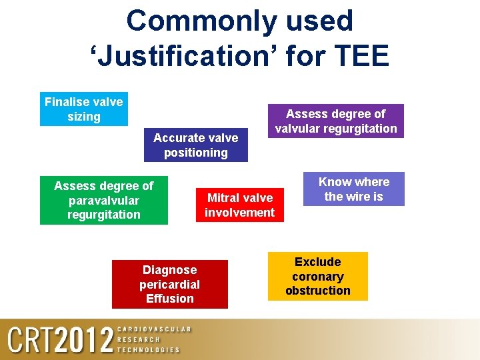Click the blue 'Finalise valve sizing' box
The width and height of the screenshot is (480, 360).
(x=83, y=109)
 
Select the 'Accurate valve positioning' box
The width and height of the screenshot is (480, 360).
(x=195, y=145)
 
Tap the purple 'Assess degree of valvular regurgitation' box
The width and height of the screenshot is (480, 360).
(x=336, y=121)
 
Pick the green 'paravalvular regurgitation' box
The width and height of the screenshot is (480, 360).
(x=103, y=200)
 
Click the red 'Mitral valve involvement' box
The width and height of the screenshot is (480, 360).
(x=239, y=205)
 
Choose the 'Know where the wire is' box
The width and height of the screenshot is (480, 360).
(x=353, y=189)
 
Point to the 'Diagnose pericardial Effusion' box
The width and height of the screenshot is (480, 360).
(x=169, y=284)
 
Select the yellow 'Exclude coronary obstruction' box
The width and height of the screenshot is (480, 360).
(x=317, y=276)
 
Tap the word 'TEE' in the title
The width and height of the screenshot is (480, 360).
(x=361, y=55)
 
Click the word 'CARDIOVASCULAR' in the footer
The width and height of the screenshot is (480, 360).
(x=154, y=329)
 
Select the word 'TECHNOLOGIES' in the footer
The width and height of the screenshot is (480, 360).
(x=148, y=349)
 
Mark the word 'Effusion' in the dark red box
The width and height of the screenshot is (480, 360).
(x=169, y=299)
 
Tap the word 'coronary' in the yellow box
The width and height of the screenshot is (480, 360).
(x=317, y=277)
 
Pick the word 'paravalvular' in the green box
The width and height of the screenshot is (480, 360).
(x=103, y=201)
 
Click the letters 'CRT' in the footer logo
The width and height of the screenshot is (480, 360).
(x=31, y=341)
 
